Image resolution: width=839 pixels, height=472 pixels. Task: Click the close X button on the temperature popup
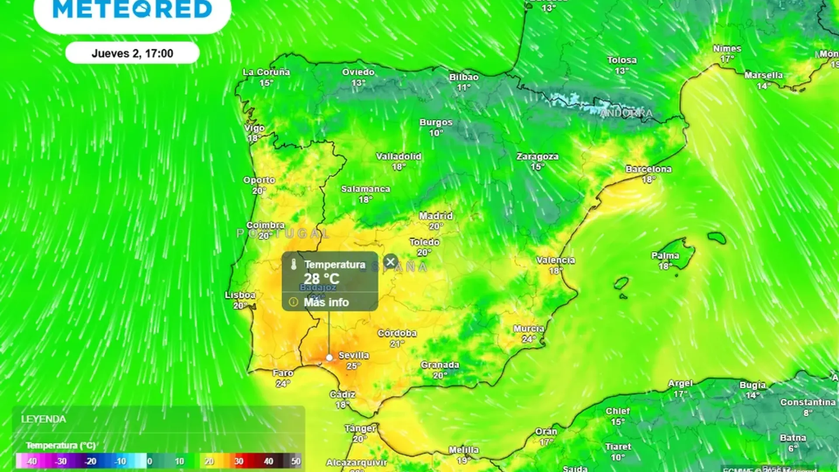[390, 262]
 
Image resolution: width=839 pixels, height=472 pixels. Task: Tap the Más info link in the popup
[326, 302]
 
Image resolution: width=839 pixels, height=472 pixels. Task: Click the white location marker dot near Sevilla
[329, 357]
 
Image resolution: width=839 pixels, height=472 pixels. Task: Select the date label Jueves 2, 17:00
[132, 53]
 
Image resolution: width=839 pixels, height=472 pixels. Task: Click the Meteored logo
[132, 10]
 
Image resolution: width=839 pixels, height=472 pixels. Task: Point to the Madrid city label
[436, 216]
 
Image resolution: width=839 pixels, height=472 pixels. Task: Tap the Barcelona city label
[648, 169]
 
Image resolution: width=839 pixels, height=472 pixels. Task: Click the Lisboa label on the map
[240, 295]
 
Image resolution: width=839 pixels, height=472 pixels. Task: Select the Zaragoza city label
[537, 156]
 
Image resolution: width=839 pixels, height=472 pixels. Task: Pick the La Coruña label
[266, 72]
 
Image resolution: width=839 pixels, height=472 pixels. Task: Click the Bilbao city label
[464, 77]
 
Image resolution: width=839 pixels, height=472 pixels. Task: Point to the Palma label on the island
[665, 256]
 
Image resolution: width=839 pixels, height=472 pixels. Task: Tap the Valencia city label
[555, 260]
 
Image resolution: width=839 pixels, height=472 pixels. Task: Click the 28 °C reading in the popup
[321, 278]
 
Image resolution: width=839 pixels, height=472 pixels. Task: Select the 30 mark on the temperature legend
[239, 461]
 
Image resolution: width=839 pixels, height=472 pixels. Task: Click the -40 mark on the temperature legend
[31, 461]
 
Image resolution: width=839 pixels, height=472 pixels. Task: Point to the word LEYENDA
[44, 419]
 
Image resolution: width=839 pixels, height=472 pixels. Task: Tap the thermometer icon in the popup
[294, 264]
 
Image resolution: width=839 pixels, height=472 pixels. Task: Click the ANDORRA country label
[626, 114]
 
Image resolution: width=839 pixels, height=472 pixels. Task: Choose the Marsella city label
[763, 75]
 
